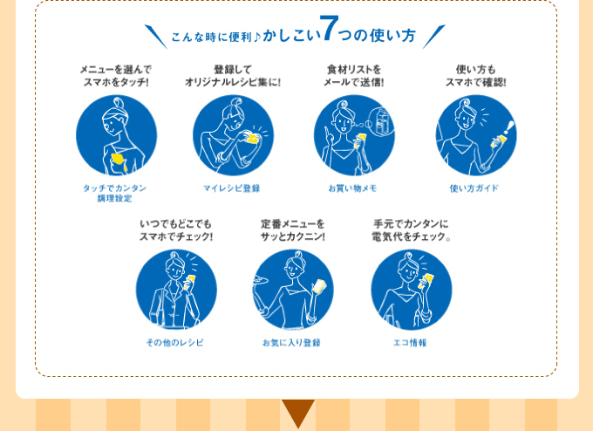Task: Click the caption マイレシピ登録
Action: (231, 188)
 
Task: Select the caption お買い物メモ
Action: (352, 188)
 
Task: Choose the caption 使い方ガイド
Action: (474, 188)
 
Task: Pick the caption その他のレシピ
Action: (174, 343)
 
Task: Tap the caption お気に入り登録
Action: (291, 343)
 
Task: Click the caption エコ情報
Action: (410, 343)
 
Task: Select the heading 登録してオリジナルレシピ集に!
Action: (232, 76)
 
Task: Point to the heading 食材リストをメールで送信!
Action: (353, 76)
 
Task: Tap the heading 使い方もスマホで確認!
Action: (475, 76)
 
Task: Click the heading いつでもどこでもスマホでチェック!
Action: (175, 230)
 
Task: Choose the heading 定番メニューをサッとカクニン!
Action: (292, 230)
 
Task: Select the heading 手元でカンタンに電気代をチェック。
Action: (411, 230)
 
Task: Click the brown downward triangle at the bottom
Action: (297, 412)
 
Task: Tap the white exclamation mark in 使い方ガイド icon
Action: (508, 128)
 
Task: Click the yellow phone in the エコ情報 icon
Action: (426, 282)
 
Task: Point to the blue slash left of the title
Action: (155, 37)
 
